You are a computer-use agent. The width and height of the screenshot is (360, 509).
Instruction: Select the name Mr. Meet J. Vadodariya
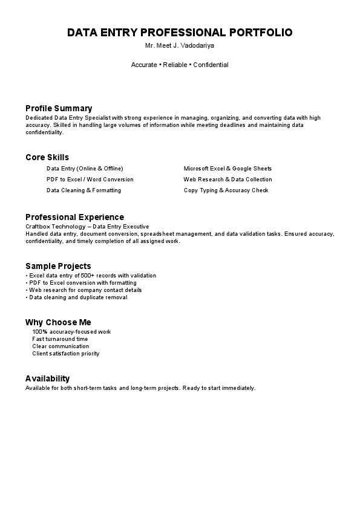[x=180, y=46]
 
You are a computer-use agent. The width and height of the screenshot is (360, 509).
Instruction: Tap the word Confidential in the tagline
[x=211, y=65]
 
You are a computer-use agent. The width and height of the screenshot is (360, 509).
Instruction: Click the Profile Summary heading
[x=59, y=108]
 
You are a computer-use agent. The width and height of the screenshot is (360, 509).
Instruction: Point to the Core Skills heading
[x=47, y=157]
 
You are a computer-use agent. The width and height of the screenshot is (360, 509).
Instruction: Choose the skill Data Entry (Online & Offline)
[x=85, y=169]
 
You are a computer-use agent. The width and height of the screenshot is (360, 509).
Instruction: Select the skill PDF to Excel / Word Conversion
[x=90, y=180]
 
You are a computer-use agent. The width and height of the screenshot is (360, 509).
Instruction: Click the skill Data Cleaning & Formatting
[x=83, y=190]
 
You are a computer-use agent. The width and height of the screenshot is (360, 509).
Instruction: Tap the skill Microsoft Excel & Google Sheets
[x=227, y=169]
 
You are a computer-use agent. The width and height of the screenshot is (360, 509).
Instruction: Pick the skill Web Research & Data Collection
[x=227, y=180]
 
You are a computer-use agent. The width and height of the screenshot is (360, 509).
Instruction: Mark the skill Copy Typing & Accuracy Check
[x=226, y=190]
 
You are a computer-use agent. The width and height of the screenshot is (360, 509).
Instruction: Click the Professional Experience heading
[x=74, y=217]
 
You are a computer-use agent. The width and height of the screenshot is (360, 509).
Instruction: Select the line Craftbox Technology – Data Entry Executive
[x=87, y=226]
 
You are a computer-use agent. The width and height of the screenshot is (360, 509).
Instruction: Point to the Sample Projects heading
[x=58, y=266]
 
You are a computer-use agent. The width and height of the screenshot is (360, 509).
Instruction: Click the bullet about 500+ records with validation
[x=91, y=276]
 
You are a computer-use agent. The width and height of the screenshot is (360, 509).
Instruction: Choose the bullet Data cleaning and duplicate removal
[x=77, y=297]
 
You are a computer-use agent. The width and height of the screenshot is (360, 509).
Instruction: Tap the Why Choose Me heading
[x=58, y=322]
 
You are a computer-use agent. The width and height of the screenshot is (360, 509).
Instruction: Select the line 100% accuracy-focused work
[x=71, y=332]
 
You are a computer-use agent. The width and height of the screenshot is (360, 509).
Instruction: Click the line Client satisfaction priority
[x=65, y=354]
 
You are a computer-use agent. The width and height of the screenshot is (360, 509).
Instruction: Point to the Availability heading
[x=48, y=378]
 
